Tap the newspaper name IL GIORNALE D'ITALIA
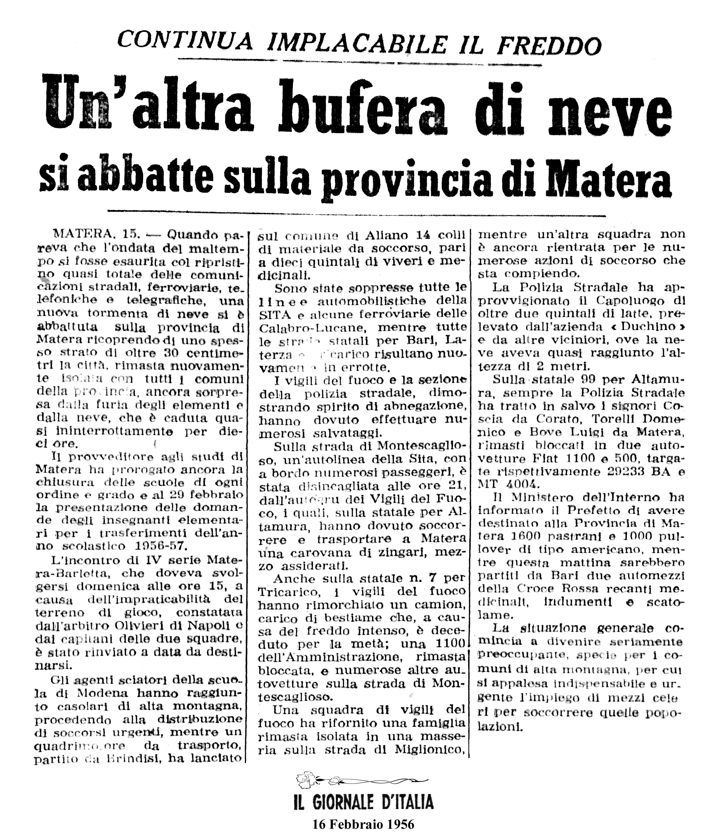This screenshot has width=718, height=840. (x=363, y=802)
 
